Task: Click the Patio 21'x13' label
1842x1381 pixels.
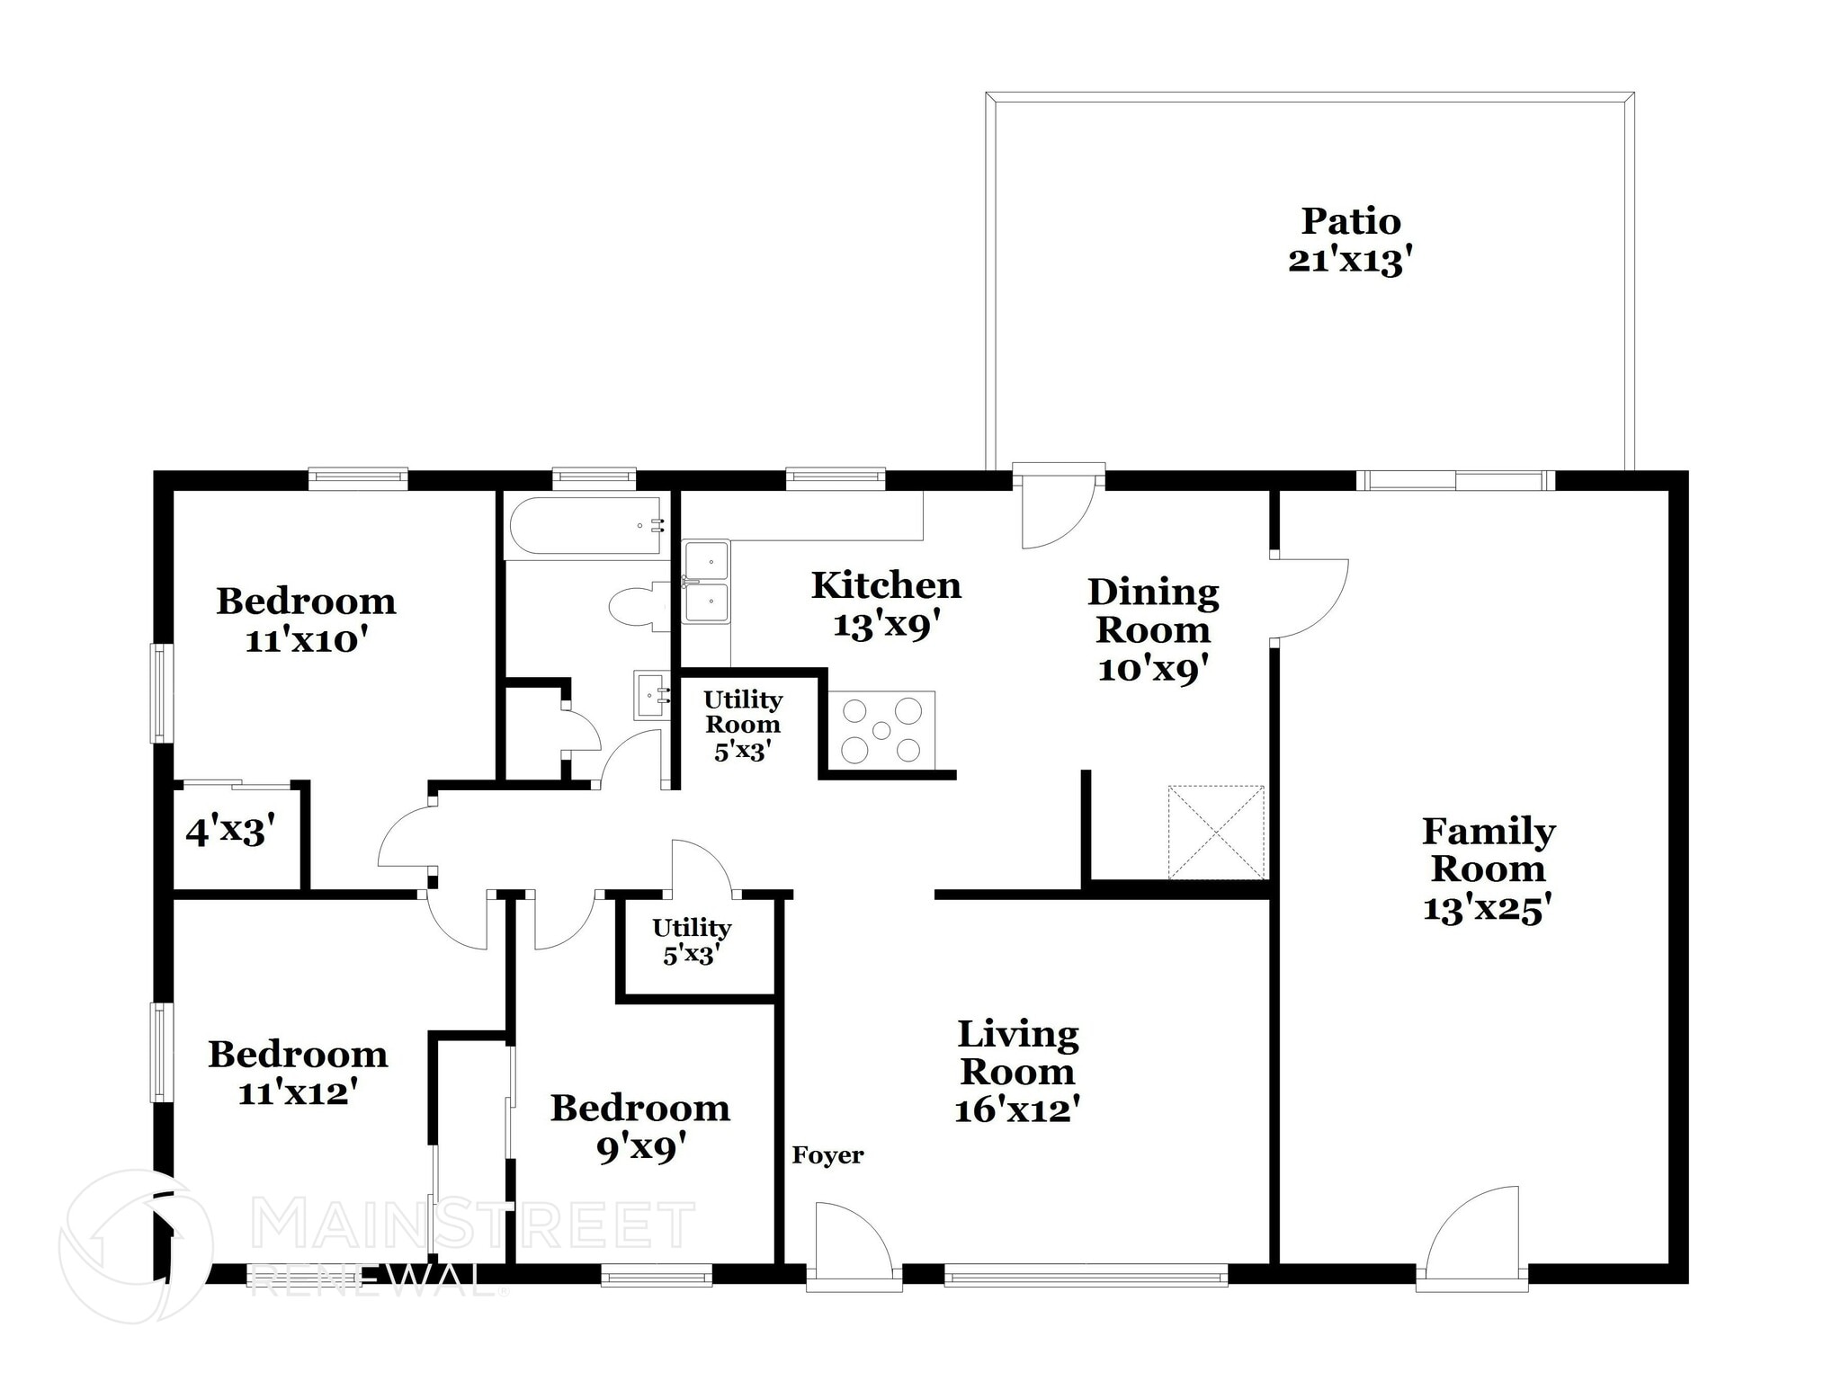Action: point(1350,240)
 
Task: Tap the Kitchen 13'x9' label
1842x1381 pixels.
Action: point(886,604)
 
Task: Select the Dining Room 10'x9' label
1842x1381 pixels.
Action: point(1153,629)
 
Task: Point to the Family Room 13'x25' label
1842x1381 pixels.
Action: point(1488,869)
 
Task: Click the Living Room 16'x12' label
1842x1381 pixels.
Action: point(1017,1072)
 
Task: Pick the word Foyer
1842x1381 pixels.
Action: point(827,1155)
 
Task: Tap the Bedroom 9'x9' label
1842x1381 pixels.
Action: point(639,1127)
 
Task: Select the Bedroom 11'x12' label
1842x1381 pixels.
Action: point(298,1073)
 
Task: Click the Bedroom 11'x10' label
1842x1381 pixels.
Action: point(306,620)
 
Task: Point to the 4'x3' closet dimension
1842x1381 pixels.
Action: point(229,832)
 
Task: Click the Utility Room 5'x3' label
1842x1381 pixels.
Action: point(742,725)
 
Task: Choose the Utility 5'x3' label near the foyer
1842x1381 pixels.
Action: point(691,940)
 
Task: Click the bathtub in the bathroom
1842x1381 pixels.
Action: point(586,526)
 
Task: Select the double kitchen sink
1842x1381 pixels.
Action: point(706,583)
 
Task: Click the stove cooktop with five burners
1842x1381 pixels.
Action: point(881,730)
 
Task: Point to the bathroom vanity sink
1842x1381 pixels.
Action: point(651,695)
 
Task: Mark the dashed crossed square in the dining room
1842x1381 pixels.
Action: point(1216,832)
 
